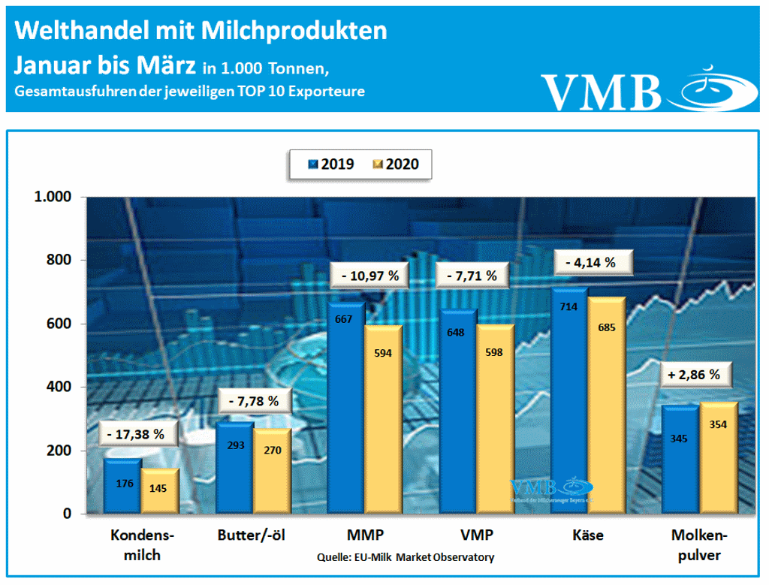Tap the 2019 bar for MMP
click(x=347, y=409)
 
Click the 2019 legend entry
click(x=332, y=164)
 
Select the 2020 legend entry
click(x=396, y=164)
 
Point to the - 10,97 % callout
click(x=368, y=276)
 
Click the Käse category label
click(x=587, y=535)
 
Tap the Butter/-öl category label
click(x=252, y=535)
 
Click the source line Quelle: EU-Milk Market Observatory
click(x=406, y=557)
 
